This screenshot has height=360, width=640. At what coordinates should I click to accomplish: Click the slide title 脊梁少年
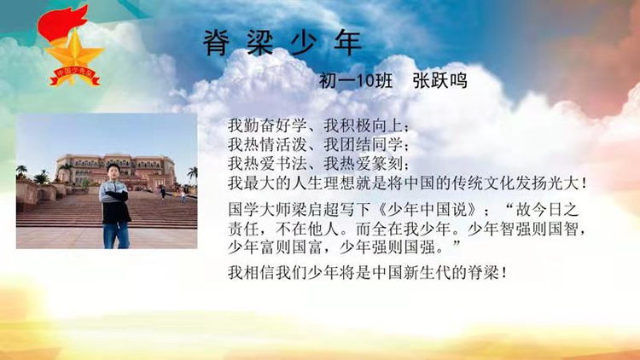[282, 43]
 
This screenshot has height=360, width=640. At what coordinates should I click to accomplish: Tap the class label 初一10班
[356, 81]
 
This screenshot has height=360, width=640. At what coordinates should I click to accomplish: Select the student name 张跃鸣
[439, 81]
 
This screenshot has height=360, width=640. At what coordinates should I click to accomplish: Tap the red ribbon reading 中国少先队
[75, 76]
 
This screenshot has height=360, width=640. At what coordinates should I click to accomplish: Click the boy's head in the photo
[113, 171]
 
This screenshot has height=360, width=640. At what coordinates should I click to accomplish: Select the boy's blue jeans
[116, 235]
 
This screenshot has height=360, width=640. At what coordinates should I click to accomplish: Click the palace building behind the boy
[115, 171]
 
